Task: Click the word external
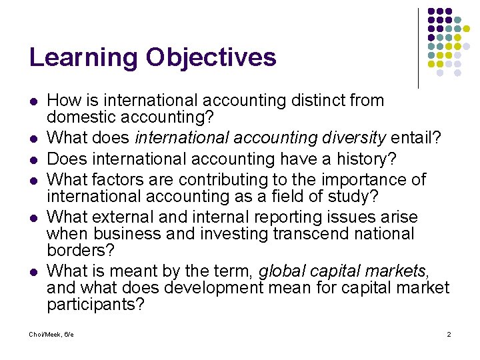tap(131, 217)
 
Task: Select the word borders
tap(81, 251)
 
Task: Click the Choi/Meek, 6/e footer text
tap(51, 333)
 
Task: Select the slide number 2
tap(449, 333)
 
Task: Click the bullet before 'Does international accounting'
tap(33, 159)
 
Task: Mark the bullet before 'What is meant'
tap(33, 271)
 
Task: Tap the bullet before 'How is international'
tap(33, 101)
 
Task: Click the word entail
tap(413, 138)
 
